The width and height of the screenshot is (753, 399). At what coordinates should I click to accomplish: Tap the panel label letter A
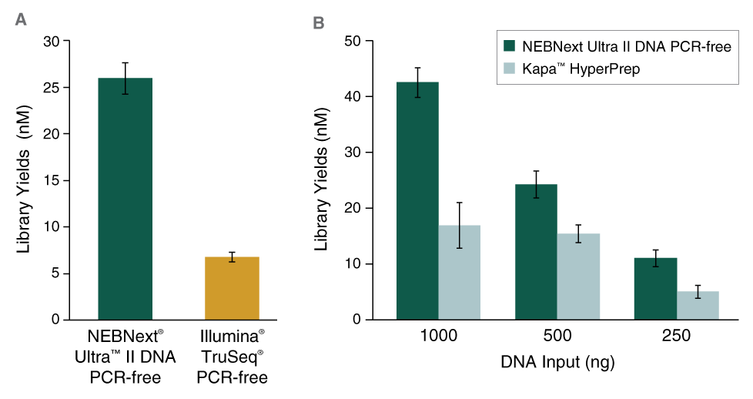[x=22, y=20]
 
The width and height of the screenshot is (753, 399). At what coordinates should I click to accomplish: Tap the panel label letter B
[x=318, y=23]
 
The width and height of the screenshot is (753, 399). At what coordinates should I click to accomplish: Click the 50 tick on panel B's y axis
[x=354, y=41]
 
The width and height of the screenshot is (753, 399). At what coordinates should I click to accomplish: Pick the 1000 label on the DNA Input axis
[x=438, y=337]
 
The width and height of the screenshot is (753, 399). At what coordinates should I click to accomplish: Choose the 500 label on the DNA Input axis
[x=557, y=337]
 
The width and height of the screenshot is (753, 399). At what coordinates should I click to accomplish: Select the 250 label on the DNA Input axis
[x=676, y=337]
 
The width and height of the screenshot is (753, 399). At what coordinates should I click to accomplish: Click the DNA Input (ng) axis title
[x=557, y=361]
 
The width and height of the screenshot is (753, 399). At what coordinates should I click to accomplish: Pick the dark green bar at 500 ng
[x=537, y=252]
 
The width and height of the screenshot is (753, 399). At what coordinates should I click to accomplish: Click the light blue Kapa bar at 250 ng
[x=698, y=305]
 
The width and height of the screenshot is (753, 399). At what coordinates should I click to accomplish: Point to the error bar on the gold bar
[x=232, y=256]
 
